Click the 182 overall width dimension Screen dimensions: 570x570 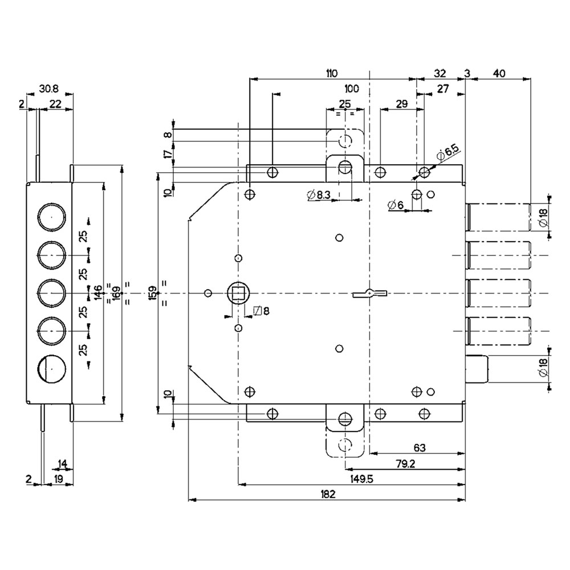pyautogui.click(x=328, y=494)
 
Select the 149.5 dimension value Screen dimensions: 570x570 pyautogui.click(x=362, y=479)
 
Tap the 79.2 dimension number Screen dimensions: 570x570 pyautogui.click(x=405, y=463)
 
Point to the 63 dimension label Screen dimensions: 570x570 pyautogui.click(x=420, y=448)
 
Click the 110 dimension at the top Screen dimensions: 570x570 pyautogui.click(x=331, y=73)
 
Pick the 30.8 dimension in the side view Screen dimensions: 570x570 pyautogui.click(x=48, y=89)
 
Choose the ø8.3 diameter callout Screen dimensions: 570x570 pyautogui.click(x=319, y=195)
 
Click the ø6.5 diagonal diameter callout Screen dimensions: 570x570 pyautogui.click(x=448, y=152)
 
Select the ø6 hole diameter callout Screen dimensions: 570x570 pyautogui.click(x=396, y=205)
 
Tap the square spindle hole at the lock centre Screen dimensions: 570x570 pyautogui.click(x=238, y=293)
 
